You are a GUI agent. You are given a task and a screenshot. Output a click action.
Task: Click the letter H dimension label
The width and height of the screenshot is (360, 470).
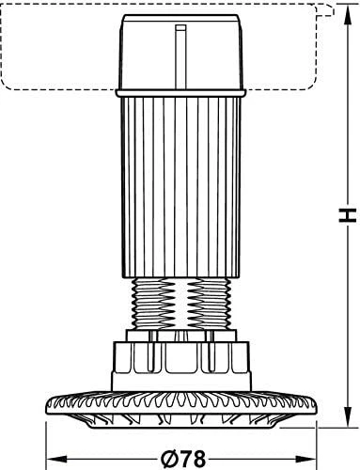347,215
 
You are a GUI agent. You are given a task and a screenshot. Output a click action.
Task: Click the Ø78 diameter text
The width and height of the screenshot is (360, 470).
183,460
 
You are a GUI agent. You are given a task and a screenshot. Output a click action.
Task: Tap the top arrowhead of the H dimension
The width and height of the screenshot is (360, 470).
347,15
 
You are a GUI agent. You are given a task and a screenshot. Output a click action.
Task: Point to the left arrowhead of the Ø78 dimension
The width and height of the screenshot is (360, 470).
57,460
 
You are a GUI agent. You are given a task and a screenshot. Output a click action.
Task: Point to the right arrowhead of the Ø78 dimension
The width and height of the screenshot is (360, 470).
306,460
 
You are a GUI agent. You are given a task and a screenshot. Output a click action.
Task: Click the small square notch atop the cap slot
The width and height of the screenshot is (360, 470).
180,28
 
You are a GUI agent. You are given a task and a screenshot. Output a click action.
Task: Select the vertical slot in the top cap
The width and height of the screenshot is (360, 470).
180,57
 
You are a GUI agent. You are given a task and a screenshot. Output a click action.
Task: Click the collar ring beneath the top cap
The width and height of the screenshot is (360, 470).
180,93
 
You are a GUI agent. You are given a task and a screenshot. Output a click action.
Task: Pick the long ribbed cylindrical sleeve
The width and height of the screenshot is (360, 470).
180,187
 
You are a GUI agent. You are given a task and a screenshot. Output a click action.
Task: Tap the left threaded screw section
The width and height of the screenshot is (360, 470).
154,304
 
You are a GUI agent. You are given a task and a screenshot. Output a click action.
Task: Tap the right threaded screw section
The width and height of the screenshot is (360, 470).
209,304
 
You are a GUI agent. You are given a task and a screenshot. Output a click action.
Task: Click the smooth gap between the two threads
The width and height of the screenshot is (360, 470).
181,304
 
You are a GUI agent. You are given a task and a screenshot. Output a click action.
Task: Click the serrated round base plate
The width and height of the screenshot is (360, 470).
181,406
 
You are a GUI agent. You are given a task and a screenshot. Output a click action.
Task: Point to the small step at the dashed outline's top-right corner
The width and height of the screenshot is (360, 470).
325,10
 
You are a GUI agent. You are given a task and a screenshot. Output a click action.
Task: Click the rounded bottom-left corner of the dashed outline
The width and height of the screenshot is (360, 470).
7,85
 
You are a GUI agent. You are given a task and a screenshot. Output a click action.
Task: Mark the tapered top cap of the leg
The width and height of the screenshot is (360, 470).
180,52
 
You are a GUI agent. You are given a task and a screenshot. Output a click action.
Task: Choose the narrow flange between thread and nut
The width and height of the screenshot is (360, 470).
180,336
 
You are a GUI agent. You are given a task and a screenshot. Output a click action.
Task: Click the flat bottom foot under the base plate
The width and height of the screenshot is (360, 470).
181,425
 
